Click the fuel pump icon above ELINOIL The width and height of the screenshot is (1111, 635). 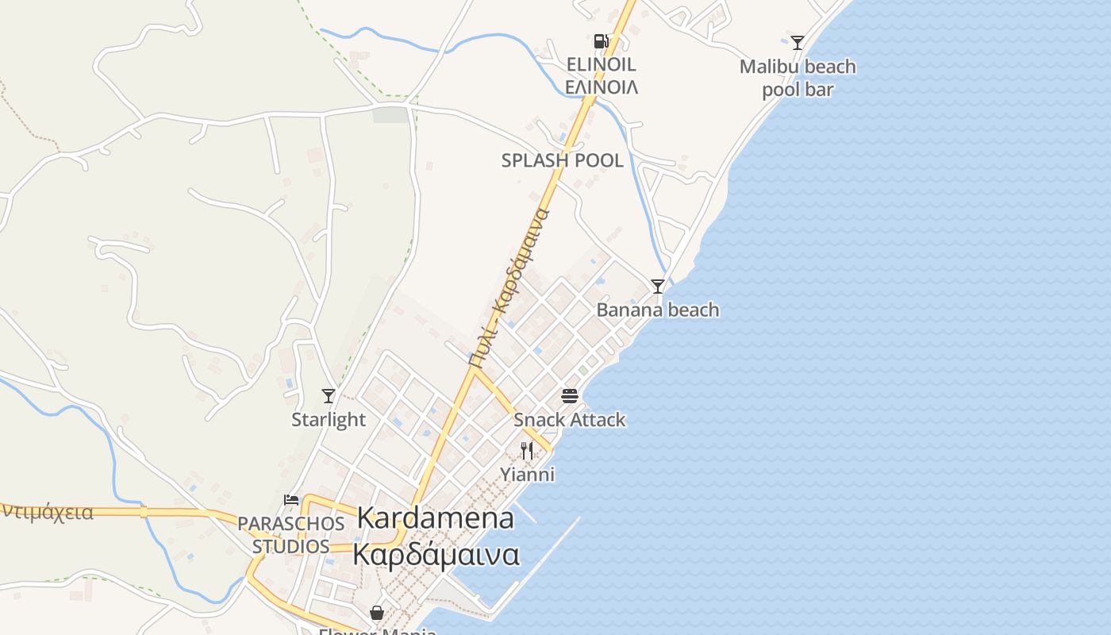(x=601, y=41)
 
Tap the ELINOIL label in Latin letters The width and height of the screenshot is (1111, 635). (x=601, y=64)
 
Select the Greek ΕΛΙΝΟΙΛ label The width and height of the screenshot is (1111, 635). (x=601, y=87)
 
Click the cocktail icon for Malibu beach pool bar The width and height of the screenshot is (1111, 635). (x=798, y=43)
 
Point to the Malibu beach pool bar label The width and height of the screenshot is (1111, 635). (x=798, y=78)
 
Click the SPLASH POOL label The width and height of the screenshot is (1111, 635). (x=562, y=160)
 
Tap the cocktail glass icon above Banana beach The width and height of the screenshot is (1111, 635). (x=657, y=287)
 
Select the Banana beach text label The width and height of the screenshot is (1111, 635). (x=657, y=310)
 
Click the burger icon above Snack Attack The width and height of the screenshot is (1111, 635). (x=570, y=395)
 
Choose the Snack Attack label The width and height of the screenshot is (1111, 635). (x=570, y=419)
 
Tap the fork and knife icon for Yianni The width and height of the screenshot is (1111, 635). (x=527, y=451)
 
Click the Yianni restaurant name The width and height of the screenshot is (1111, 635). (x=527, y=475)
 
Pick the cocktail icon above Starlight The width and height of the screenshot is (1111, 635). (x=328, y=395)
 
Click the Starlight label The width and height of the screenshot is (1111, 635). (x=328, y=419)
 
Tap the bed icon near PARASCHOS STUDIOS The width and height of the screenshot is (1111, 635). (x=291, y=500)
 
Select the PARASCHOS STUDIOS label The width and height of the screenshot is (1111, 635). (x=291, y=535)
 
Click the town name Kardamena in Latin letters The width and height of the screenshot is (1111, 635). (x=435, y=518)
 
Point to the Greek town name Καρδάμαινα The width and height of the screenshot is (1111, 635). (x=435, y=554)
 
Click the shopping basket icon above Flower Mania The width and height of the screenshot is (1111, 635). (x=377, y=613)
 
